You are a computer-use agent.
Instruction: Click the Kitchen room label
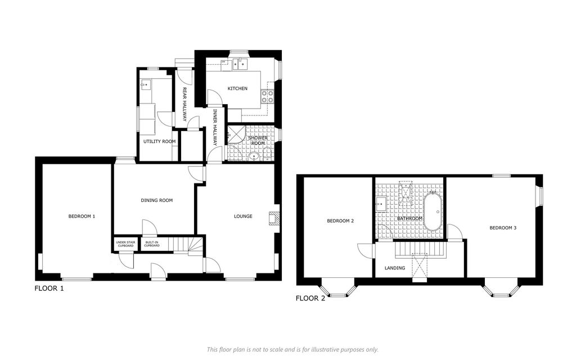tap(237, 88)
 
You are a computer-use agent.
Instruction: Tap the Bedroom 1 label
tap(82, 217)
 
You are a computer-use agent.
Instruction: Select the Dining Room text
tap(157, 200)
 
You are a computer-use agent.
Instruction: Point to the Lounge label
tap(243, 217)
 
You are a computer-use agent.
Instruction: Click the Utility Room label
tap(159, 141)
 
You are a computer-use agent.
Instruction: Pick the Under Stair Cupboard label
tap(125, 244)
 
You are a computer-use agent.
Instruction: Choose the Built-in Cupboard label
tap(152, 244)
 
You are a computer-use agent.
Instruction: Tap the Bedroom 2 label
tap(340, 220)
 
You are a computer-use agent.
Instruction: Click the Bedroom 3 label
tap(503, 228)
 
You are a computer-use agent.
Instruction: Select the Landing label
tap(395, 268)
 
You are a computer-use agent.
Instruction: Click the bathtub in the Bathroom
tap(434, 211)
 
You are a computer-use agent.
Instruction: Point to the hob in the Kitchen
tap(267, 96)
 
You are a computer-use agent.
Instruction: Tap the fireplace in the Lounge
tap(274, 218)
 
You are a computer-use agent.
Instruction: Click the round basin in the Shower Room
tap(254, 157)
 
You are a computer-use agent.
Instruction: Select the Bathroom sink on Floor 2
tap(381, 204)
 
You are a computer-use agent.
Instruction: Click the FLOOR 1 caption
tap(49, 289)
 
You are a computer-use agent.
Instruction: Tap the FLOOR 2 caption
tap(310, 298)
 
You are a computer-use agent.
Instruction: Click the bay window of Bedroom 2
tap(338, 288)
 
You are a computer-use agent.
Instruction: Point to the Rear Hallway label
tap(184, 104)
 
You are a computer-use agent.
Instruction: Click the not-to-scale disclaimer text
tap(292, 350)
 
